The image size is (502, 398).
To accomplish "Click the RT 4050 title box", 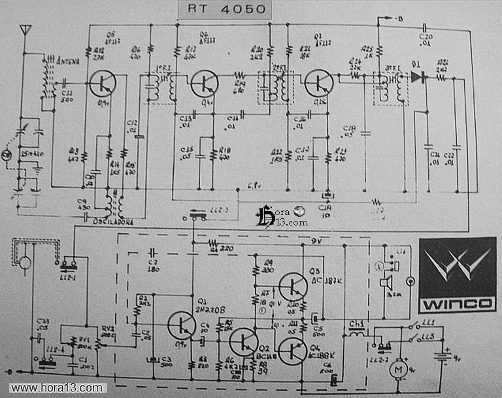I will point(222,9).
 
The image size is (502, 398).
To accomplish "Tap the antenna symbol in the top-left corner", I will point(25,30).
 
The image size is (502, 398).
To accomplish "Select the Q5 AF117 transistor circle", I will point(103,83).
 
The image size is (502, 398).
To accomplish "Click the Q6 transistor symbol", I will point(205,84).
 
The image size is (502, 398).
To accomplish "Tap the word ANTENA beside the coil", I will point(69,61).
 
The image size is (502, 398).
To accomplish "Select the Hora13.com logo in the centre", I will point(281,216).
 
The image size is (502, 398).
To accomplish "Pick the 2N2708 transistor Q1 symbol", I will point(181,325).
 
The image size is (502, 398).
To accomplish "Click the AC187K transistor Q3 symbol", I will point(292,286).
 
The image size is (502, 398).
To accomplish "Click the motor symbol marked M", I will point(397,370).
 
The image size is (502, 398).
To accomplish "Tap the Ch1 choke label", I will point(356,323).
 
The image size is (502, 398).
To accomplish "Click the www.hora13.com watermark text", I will point(57,388).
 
